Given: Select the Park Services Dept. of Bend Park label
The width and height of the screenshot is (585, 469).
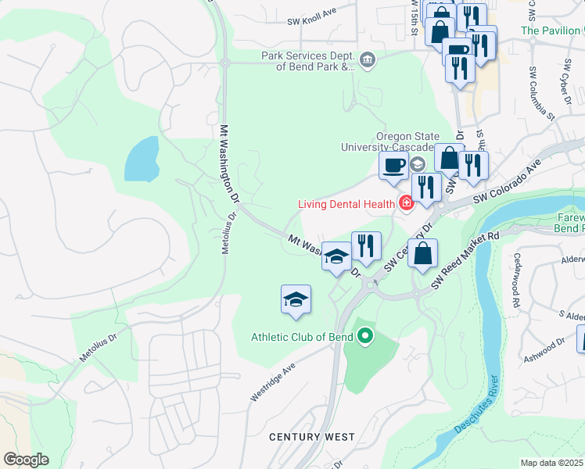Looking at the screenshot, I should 308,61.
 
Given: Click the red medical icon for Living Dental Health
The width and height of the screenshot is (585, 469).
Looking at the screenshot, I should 405,204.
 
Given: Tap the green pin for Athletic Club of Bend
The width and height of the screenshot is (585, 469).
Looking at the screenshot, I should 364,338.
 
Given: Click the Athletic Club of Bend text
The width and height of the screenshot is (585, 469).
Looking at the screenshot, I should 302,338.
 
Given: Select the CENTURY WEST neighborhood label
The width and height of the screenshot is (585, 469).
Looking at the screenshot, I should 312,437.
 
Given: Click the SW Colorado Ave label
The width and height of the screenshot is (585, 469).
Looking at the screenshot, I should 508,181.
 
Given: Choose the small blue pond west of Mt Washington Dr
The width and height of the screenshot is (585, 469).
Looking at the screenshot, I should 141,159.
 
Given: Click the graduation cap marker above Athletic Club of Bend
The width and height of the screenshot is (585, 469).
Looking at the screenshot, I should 296,299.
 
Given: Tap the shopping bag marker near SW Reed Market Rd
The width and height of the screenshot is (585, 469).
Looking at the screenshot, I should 422,254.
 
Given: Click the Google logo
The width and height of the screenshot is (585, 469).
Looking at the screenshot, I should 26,459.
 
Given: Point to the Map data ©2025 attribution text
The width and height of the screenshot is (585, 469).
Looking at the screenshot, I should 552,463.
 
